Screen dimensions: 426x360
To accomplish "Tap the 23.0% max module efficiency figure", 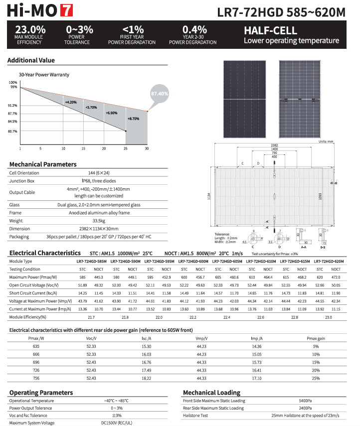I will pos(30,30).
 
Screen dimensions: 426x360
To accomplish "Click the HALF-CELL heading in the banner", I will pos(270,30).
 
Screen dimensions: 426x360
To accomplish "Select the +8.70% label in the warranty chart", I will pos(134,119).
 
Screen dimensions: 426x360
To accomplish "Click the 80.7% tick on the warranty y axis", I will pos(13,132).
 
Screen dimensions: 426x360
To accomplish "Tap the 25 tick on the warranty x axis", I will pos(126,149).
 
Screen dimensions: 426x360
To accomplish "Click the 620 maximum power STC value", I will pos(319,277).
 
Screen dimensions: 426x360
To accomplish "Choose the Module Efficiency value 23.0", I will pos(328,317).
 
